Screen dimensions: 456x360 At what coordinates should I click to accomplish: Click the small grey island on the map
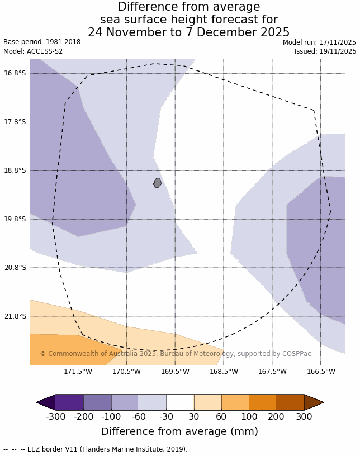tap(158, 183)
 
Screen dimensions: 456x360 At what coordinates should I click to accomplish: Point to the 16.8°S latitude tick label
tap(15, 73)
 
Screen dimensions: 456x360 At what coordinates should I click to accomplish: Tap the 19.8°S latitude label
tap(15, 219)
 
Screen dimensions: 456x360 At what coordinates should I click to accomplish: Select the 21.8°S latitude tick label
tap(15, 316)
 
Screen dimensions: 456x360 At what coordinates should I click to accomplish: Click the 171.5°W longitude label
tap(78, 372)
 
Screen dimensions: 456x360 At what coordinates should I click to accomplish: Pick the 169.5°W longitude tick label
tap(175, 372)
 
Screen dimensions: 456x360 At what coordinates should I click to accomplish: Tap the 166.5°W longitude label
tap(321, 372)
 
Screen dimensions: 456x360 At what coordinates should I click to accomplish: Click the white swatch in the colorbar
tap(180, 402)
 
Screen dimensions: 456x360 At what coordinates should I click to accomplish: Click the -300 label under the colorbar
tap(55, 417)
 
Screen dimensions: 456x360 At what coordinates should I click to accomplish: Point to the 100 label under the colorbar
tap(249, 417)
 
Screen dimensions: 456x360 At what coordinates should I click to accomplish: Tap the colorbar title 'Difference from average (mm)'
tap(179, 431)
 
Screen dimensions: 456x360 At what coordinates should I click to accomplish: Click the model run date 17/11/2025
tap(338, 42)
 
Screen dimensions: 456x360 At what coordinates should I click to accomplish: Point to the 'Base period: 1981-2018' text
tap(42, 42)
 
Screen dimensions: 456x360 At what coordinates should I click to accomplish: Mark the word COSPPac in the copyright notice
tap(296, 354)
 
